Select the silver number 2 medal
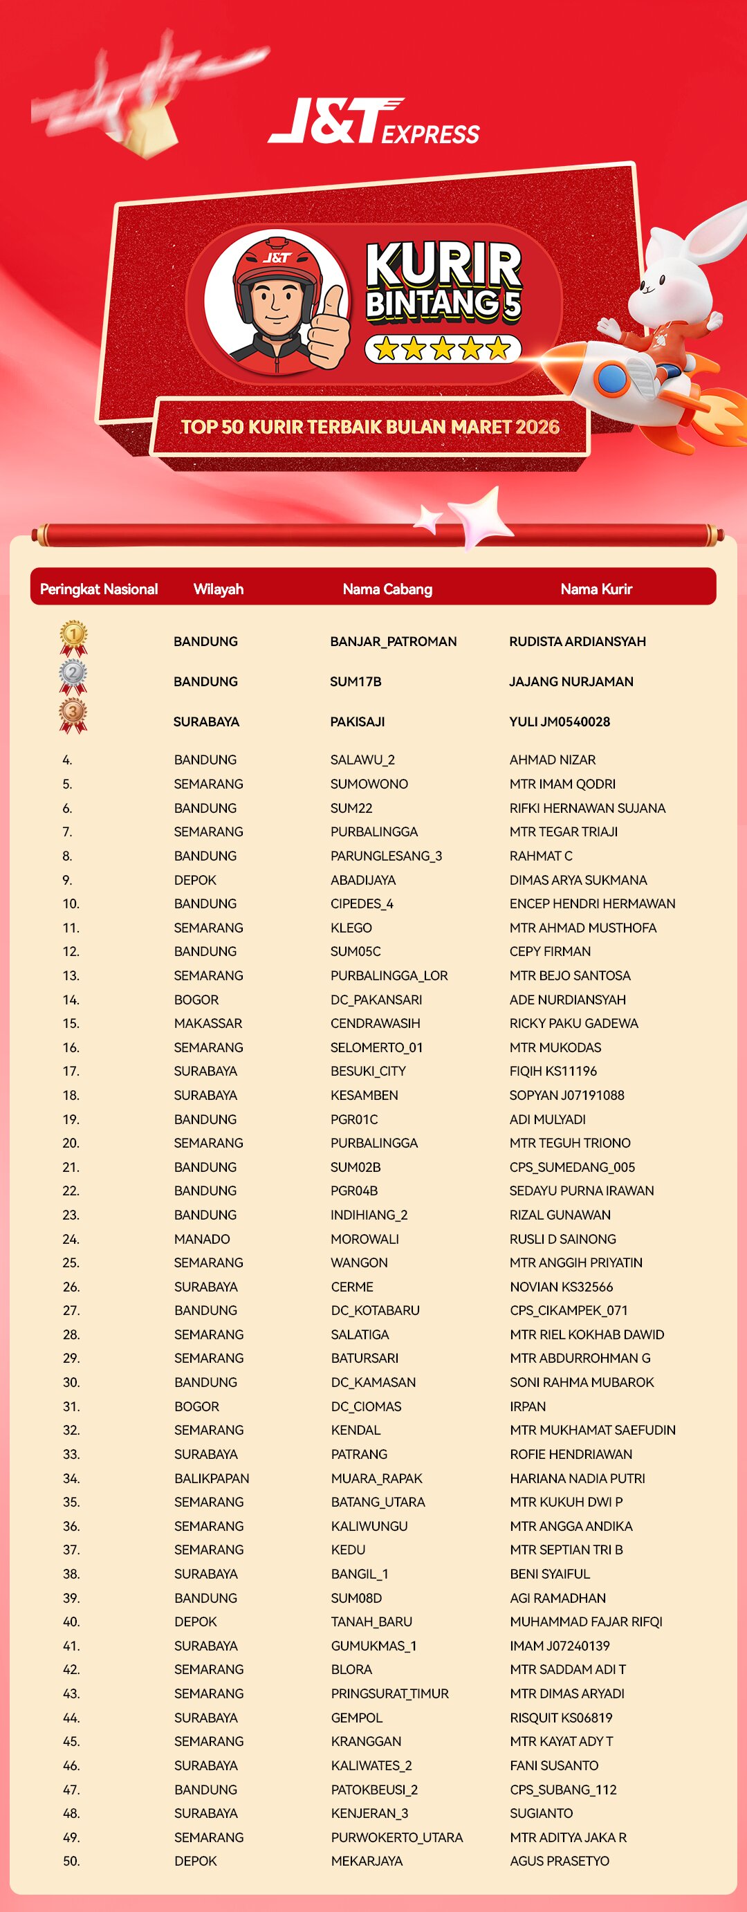coord(73,676)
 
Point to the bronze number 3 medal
coord(73,715)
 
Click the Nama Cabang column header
coord(387,589)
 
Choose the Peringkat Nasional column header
coord(99,589)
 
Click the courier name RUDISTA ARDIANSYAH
coord(577,641)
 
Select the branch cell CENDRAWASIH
coord(376,1023)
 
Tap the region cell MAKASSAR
coord(207,1023)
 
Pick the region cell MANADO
coord(202,1239)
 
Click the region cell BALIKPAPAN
coord(212,1478)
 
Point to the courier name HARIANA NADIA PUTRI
coord(577,1478)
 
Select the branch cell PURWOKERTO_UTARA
coord(396,1837)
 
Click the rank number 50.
coord(71,1861)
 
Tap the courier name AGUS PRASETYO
coord(560,1861)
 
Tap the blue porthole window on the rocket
coord(611,378)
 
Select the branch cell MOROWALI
coord(365,1239)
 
